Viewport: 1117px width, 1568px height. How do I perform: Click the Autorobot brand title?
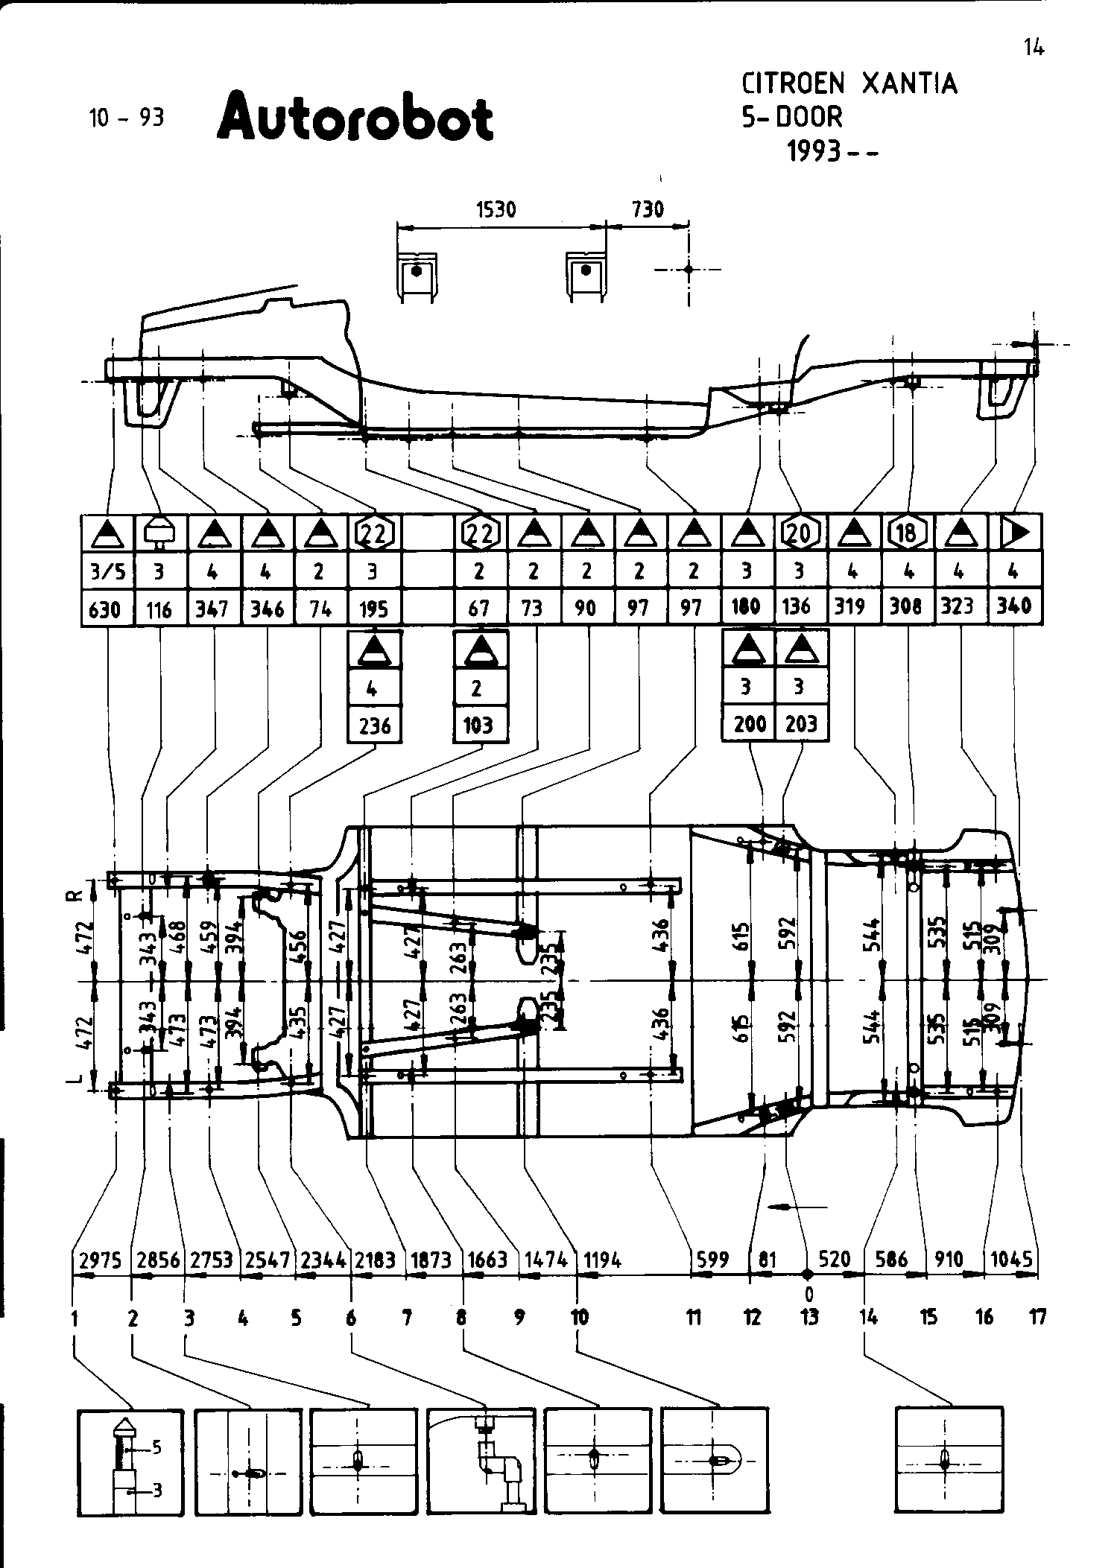(x=355, y=117)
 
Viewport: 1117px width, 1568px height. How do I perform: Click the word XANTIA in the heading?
(x=909, y=84)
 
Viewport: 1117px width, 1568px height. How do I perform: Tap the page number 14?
(x=1034, y=48)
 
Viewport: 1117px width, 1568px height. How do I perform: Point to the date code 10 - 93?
(x=126, y=118)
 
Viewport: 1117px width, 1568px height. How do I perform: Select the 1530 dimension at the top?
(x=496, y=209)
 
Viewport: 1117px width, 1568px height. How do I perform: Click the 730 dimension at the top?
(x=647, y=209)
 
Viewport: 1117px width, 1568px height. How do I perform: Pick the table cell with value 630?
(x=105, y=609)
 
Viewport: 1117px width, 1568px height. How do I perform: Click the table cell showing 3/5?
(x=105, y=571)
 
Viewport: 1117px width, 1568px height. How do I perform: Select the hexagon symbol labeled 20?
(x=800, y=533)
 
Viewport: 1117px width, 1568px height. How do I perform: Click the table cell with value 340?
(x=1014, y=607)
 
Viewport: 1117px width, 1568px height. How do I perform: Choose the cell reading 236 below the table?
(x=374, y=725)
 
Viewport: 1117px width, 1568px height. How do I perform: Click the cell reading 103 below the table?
(x=479, y=725)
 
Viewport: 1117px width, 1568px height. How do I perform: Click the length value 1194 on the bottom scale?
(x=602, y=1260)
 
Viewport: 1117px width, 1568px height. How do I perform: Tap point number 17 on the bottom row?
(x=1037, y=1318)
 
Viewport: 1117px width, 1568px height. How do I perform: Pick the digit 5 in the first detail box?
(x=156, y=1447)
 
